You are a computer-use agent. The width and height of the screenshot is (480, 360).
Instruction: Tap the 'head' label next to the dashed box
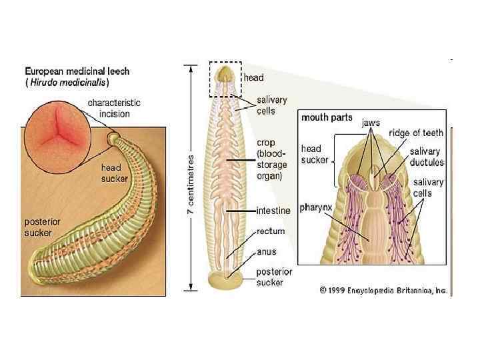point(253,78)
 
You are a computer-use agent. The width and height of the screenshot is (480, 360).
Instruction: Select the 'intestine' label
point(274,211)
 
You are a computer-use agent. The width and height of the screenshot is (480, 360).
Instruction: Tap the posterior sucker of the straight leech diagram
point(225,280)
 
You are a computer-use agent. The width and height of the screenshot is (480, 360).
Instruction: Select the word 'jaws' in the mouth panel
point(371,123)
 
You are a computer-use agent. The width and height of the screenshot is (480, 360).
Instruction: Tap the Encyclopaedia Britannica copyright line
point(383,291)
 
